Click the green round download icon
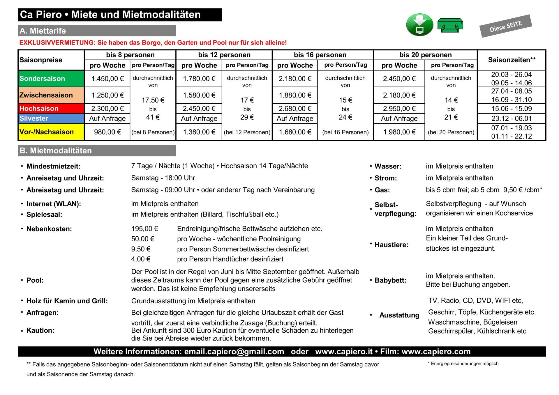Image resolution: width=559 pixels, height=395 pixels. [419, 25]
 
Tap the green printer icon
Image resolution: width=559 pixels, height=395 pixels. [450, 25]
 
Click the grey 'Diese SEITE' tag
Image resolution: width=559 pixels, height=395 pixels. [505, 26]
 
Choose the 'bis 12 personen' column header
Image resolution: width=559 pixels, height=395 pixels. [224, 55]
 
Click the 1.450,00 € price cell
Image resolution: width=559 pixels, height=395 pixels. [107, 79]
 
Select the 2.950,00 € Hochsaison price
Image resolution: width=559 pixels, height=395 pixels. [399, 109]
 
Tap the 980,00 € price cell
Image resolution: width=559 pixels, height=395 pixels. [107, 132]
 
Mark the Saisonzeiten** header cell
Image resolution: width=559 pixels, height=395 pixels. [512, 60]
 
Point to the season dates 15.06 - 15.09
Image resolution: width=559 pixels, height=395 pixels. [512, 109]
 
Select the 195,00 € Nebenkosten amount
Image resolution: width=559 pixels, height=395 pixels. [144, 229]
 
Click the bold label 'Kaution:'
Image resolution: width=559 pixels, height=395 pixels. [40, 330]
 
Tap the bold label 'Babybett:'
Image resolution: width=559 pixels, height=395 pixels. [390, 280]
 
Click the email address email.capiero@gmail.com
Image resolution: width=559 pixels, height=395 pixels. [234, 352]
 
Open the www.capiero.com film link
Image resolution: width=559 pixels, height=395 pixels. [436, 352]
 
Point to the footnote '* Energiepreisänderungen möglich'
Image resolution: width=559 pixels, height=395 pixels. [463, 364]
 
